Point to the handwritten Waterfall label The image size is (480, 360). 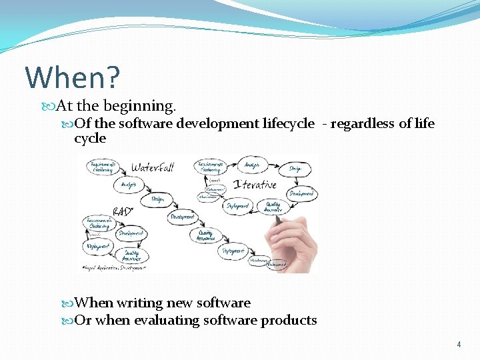(153, 167)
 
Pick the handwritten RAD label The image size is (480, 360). (123, 211)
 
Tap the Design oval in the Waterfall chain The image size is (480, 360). (158, 198)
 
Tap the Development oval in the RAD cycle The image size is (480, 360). (131, 233)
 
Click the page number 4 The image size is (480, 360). (459, 345)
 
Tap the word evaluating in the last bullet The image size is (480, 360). (167, 320)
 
